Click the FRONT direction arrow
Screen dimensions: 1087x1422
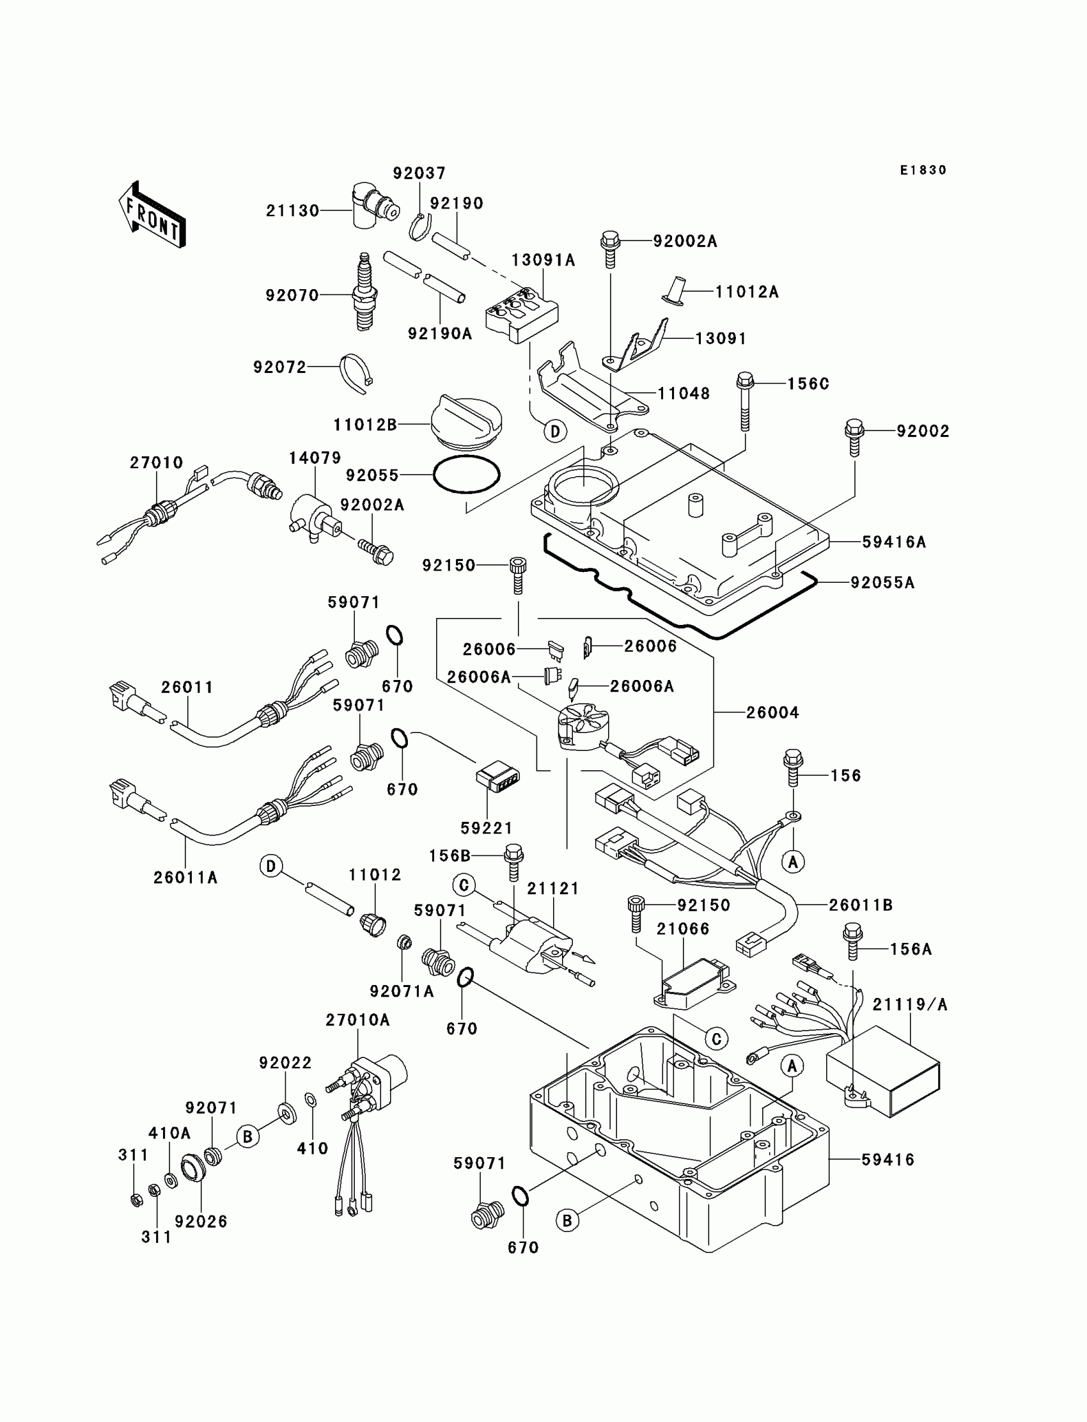point(152,214)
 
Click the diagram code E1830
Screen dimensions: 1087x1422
point(923,170)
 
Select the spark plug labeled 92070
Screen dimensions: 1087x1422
point(364,292)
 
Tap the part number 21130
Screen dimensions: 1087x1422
point(292,211)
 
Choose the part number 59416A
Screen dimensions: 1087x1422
point(893,542)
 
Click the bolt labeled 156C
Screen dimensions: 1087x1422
point(746,402)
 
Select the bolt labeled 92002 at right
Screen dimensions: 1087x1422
point(854,438)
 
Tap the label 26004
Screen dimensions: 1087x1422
point(772,713)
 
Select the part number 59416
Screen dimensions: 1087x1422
point(888,1160)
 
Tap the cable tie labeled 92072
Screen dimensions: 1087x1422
point(357,374)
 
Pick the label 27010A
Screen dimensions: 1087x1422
point(358,1020)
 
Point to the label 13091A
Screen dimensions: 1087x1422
point(543,260)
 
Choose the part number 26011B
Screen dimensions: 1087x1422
point(861,906)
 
